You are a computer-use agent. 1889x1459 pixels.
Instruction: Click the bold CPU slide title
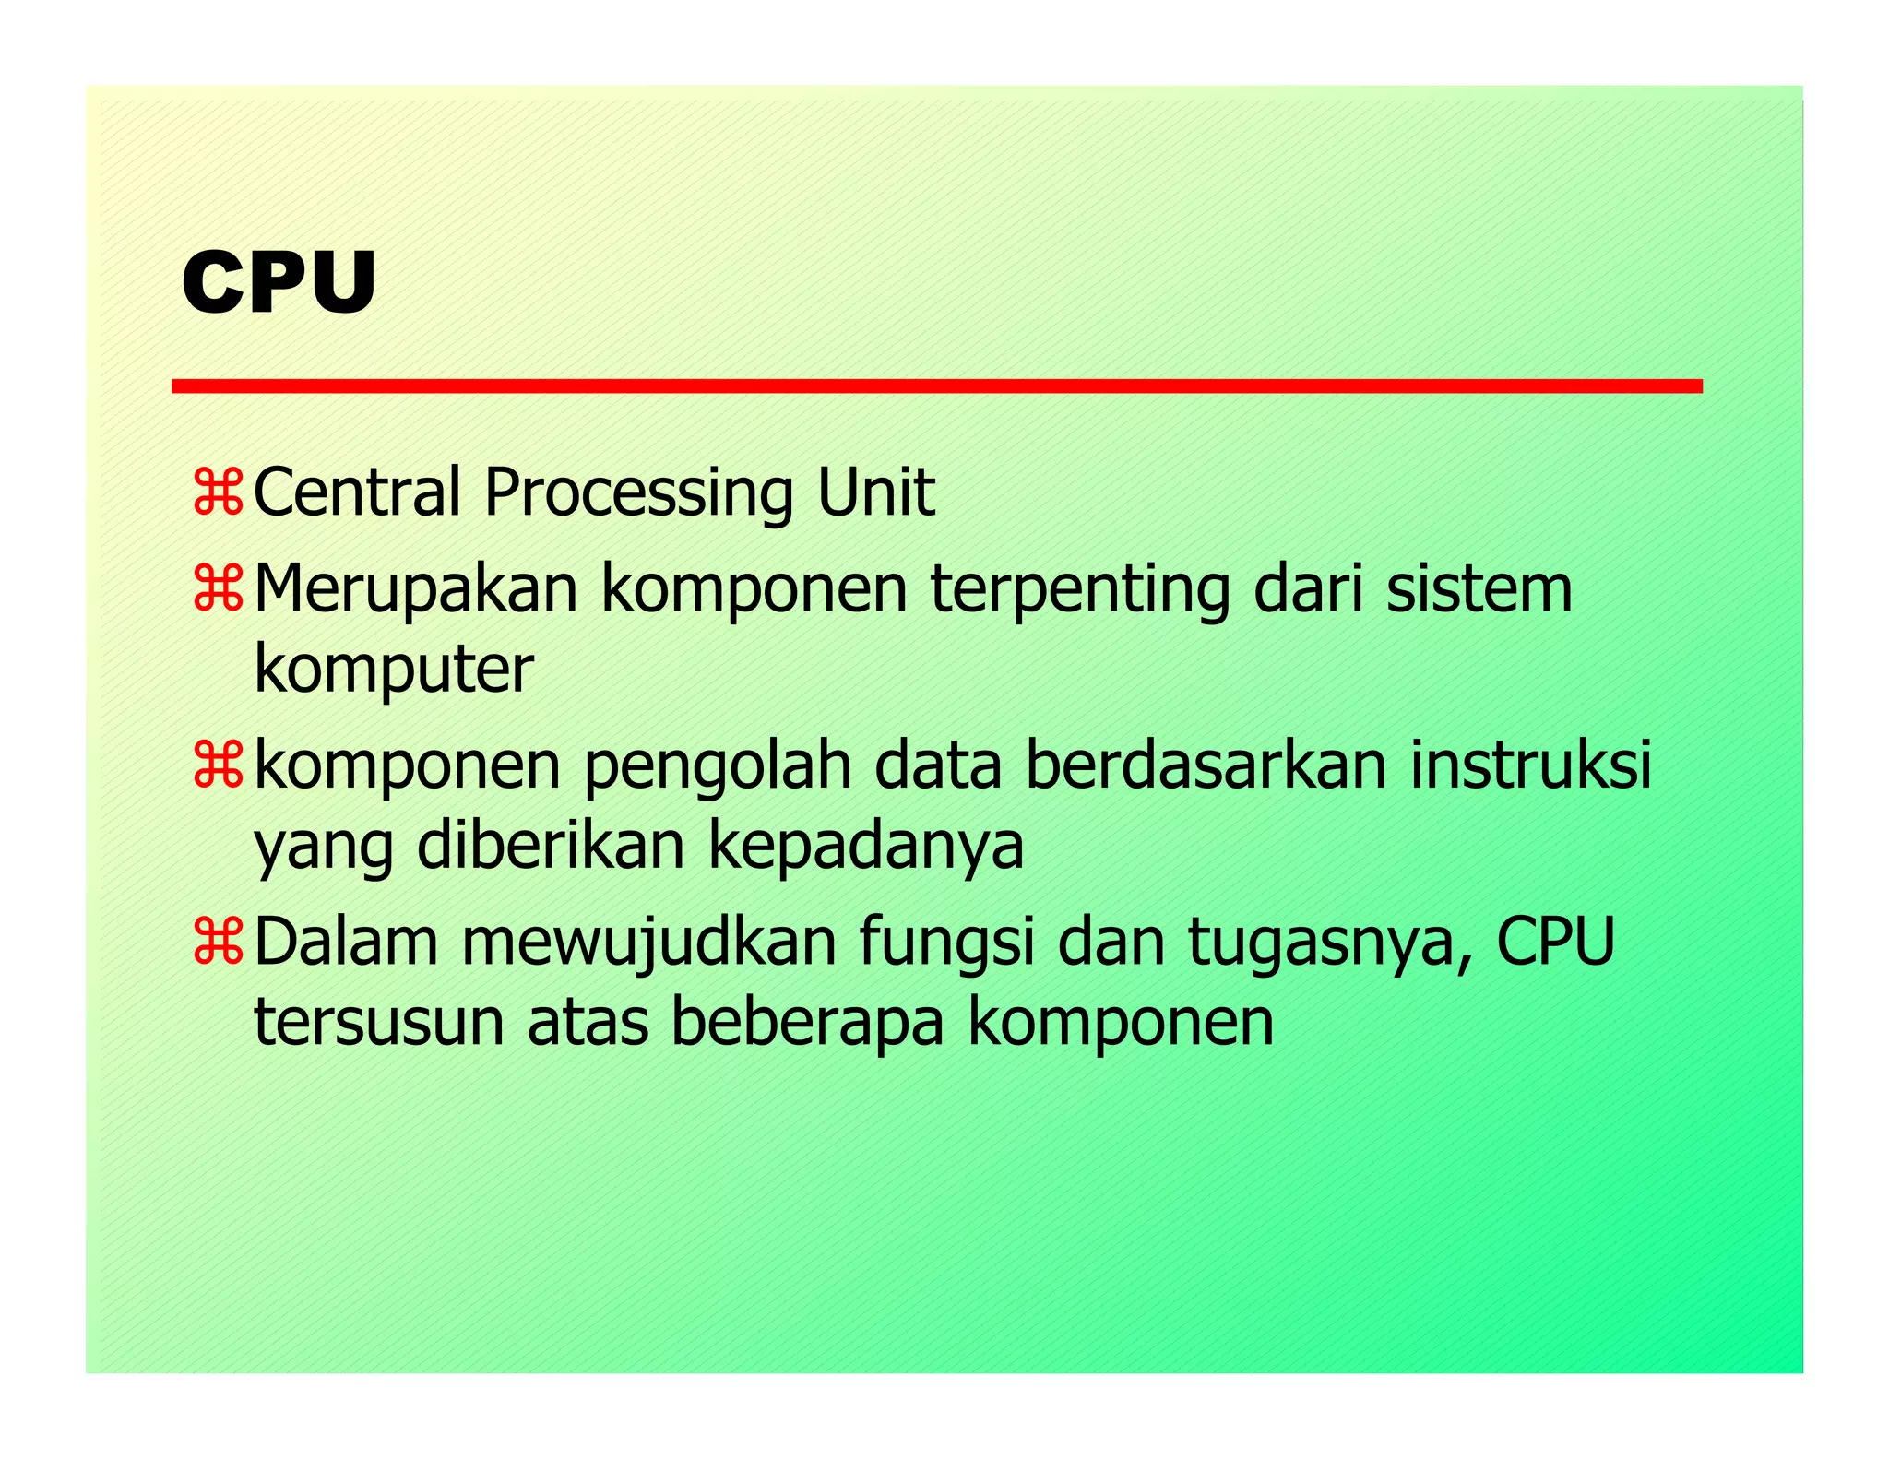pos(279,283)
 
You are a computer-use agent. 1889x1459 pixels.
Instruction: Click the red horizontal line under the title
pos(936,386)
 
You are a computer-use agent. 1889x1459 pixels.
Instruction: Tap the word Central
pos(356,492)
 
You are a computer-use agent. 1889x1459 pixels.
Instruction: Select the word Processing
pos(637,494)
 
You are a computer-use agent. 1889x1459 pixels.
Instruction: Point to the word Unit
pos(875,492)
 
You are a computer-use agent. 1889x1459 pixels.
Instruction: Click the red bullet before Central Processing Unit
pos(218,492)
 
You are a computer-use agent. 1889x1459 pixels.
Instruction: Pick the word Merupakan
pos(415,590)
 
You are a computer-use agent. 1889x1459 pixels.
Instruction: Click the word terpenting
pos(1079,590)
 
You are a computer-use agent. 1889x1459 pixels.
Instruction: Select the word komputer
pos(393,671)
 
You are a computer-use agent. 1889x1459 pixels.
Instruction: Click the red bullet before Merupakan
pos(218,589)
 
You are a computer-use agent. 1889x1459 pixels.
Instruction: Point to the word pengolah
pos(718,767)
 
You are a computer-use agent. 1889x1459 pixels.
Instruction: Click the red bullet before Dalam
pos(218,943)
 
